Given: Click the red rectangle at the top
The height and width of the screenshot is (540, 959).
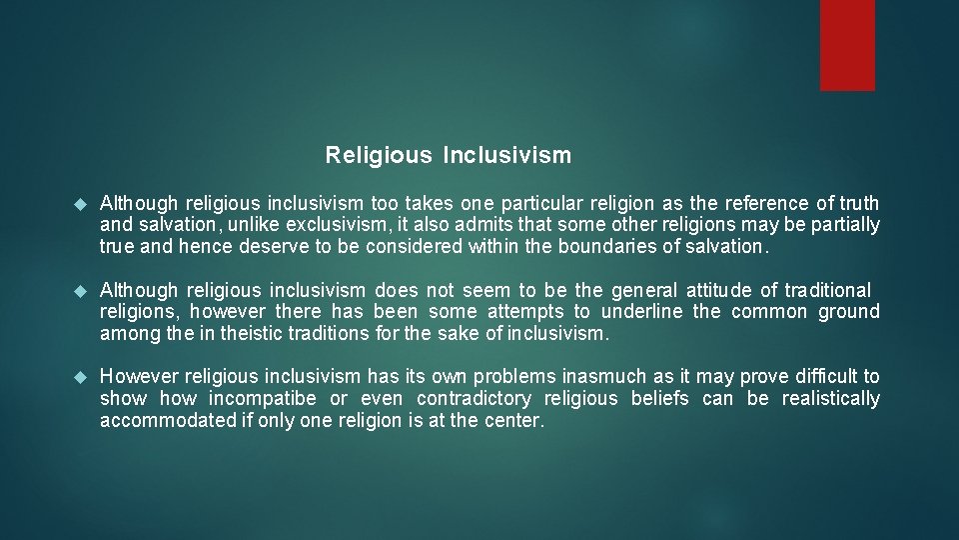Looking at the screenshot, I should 847,45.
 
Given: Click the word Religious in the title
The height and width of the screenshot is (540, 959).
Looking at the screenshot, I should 379,156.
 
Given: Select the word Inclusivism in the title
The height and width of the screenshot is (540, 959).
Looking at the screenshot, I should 507,156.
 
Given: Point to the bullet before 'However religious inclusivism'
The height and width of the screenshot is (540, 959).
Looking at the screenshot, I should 83,377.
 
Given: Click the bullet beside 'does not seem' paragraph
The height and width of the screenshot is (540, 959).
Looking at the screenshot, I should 83,291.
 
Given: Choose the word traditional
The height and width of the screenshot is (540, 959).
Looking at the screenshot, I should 828,291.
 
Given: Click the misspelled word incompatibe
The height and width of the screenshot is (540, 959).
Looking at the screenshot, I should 263,399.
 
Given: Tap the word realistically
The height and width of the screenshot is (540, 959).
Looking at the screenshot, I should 831,399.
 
